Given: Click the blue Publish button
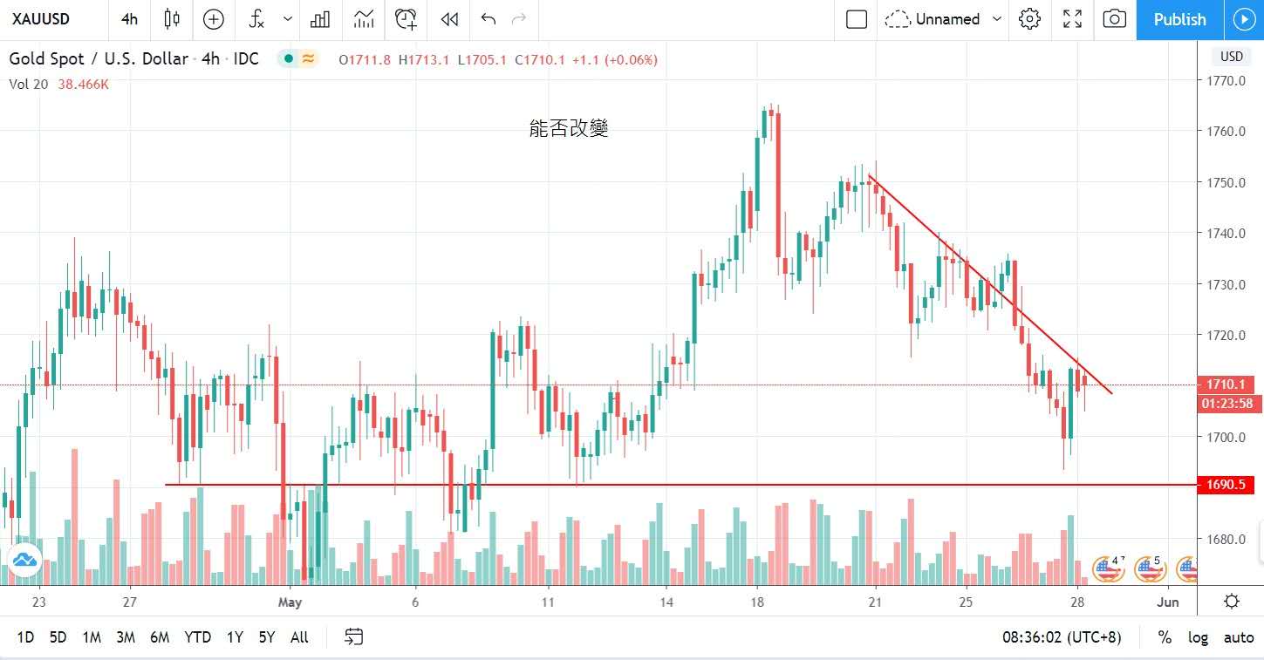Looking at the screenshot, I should [1179, 19].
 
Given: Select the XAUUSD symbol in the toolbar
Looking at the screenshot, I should [41, 19].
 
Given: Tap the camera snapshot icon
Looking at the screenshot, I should [1114, 19].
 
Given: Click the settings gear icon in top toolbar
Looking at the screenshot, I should [1030, 19].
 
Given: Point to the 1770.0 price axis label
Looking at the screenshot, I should [1225, 81].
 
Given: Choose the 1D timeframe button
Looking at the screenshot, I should [25, 637].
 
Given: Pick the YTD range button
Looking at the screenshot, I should [197, 637].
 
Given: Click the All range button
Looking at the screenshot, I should [299, 637].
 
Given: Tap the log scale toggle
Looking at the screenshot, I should [1198, 637].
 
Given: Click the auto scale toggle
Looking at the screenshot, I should [1238, 637].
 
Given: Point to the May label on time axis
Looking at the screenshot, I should [290, 602].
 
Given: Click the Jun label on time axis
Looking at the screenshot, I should [1168, 602].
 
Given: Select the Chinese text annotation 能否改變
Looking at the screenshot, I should [569, 129].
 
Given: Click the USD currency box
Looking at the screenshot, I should [1231, 57].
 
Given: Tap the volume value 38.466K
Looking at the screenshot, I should [83, 85].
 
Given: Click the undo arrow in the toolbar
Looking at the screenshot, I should [488, 19].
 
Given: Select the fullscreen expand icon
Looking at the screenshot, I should [1072, 19].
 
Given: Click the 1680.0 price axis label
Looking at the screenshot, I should [1225, 539].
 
